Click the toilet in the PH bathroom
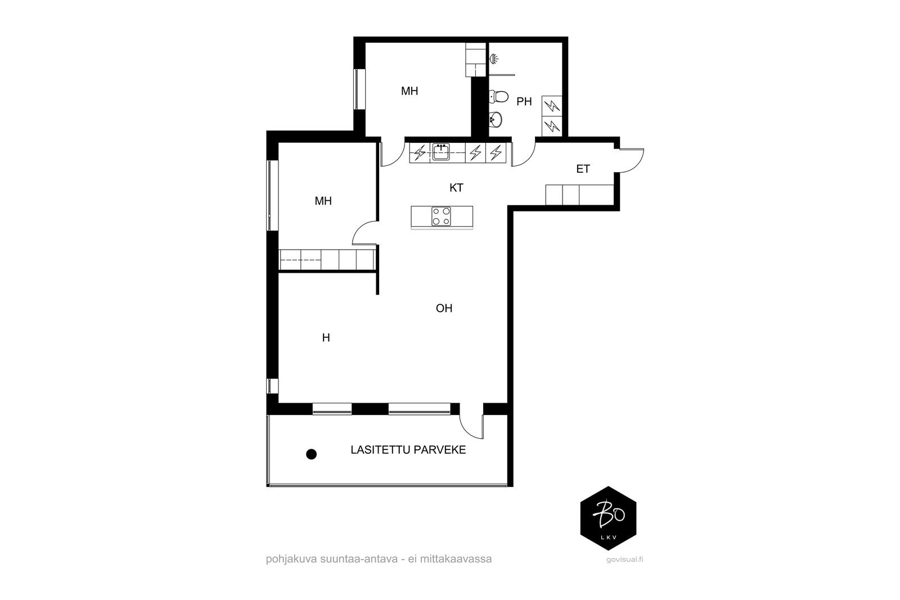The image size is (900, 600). [498, 96]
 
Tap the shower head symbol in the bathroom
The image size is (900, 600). [494, 59]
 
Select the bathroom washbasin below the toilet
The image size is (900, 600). [496, 119]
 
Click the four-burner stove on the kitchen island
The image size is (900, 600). [441, 216]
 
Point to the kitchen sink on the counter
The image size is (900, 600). [441, 152]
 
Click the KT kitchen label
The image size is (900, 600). [456, 188]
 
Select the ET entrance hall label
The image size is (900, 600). [583, 169]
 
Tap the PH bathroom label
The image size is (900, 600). [524, 102]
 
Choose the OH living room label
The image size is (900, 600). [444, 308]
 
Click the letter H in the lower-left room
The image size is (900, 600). [326, 338]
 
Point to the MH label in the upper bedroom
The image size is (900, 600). [409, 91]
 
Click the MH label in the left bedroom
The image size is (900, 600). [323, 201]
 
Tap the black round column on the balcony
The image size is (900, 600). [312, 454]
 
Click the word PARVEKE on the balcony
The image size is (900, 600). [440, 450]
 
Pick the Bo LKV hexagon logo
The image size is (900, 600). [608, 518]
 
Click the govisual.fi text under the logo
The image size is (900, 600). [625, 560]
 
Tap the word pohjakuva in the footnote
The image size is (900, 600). [291, 559]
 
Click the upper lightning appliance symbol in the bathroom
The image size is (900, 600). [552, 106]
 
